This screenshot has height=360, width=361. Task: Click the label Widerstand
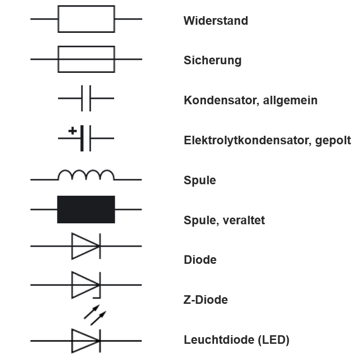tap(215, 21)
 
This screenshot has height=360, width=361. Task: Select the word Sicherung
tap(212, 61)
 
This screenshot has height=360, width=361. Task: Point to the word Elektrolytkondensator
tap(247, 141)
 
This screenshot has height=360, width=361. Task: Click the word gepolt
tap(333, 141)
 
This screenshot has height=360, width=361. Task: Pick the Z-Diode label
tap(205, 300)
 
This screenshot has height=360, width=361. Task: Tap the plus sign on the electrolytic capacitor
tap(72, 130)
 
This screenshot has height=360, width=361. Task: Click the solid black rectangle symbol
tap(86, 209)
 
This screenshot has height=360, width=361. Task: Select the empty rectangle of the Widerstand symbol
tap(86, 19)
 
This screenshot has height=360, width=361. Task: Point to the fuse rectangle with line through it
tap(86, 59)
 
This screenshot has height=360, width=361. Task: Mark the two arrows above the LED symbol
tap(95, 315)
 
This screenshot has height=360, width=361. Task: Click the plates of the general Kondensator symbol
tap(86, 99)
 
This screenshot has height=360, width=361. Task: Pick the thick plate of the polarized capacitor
tap(82, 138)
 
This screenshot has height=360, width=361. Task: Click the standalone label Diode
tap(200, 260)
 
